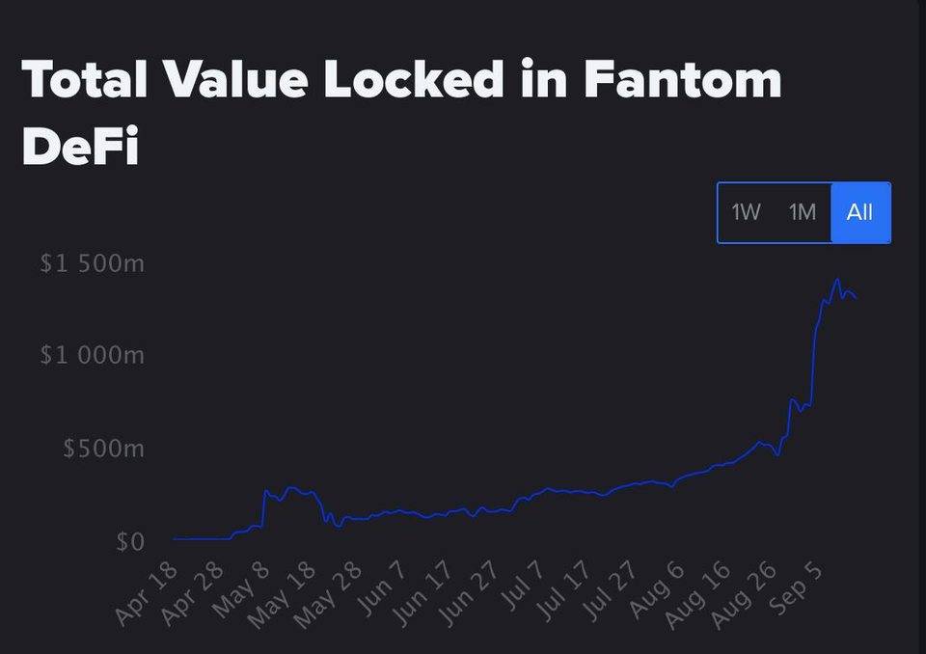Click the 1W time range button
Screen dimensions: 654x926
pos(746,212)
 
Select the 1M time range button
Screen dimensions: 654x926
pos(803,212)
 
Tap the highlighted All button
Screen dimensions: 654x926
pos(859,212)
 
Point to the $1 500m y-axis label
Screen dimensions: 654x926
pos(93,263)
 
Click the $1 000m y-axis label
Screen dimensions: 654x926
pos(93,356)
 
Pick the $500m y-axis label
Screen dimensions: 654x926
pos(103,449)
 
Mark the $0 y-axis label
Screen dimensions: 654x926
pos(129,542)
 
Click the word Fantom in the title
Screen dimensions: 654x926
pos(682,79)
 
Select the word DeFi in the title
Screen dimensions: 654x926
pos(79,147)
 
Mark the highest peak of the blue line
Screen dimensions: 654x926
pos(837,280)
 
